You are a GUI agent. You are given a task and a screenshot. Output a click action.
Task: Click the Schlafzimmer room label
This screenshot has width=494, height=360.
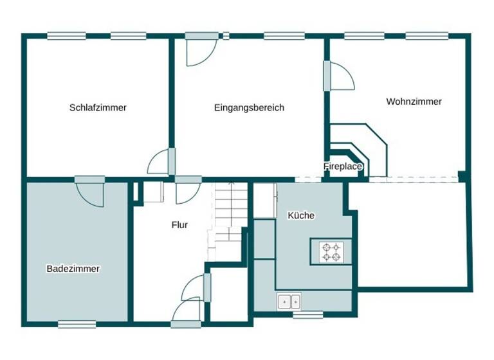click(98, 107)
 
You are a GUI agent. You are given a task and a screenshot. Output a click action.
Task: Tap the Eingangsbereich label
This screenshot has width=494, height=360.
click(249, 107)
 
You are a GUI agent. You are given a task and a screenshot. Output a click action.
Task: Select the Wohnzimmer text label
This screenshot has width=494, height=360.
click(414, 102)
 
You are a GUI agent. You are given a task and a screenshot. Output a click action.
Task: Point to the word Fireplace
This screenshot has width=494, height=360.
click(343, 166)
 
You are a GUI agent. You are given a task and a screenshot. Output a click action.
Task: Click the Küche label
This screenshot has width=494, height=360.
click(301, 215)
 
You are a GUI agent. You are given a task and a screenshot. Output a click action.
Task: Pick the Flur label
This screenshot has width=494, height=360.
click(179, 225)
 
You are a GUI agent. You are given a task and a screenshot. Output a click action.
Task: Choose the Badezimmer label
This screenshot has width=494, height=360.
click(73, 269)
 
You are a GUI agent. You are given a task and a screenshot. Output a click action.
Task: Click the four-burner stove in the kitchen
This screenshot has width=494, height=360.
click(331, 251)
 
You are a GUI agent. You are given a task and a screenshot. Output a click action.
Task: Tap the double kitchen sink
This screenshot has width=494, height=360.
click(288, 300)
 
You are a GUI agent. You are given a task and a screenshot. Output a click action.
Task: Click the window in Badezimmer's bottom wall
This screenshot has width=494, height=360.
click(77, 324)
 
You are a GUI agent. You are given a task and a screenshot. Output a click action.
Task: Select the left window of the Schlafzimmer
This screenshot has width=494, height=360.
click(62, 36)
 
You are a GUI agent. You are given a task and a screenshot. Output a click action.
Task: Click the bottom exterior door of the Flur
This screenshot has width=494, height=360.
click(187, 312)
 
